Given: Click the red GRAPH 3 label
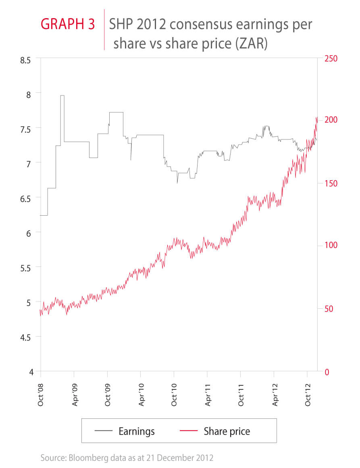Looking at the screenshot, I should [x=68, y=24].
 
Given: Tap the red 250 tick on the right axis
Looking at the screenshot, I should [x=330, y=58].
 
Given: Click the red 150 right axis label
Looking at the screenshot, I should [x=330, y=183].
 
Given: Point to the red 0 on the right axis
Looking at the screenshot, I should [x=326, y=371].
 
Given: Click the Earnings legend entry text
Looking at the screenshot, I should [x=136, y=431].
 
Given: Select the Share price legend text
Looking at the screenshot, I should [x=227, y=431].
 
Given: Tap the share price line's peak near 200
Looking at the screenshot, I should [x=316, y=118].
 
